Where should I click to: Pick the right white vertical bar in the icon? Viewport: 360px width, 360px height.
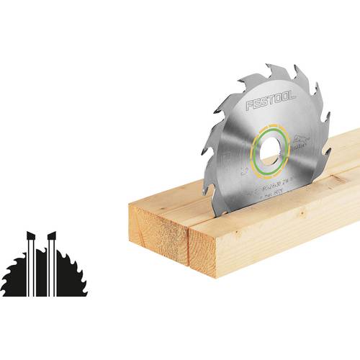(51, 266)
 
